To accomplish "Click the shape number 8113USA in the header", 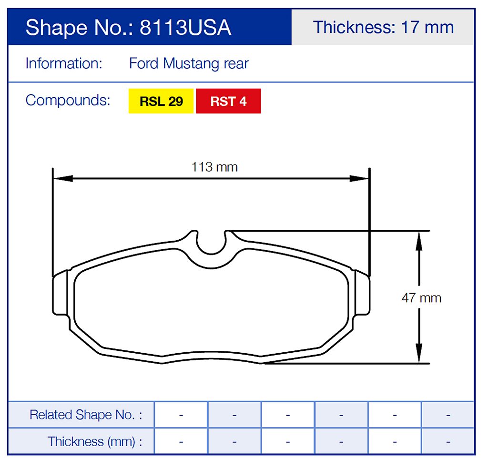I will [185, 28].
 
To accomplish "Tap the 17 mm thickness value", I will [427, 27].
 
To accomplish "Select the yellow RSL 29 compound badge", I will [161, 101].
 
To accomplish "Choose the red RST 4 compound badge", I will [228, 101].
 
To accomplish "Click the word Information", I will [64, 63].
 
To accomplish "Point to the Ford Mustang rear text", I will [189, 63].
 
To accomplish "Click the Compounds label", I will [68, 101].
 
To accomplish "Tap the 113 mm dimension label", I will [214, 167].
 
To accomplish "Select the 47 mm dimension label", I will [421, 298].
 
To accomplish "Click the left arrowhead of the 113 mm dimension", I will [62, 179].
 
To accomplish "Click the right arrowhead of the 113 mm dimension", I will [360, 179].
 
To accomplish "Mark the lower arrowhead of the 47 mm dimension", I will [418, 355].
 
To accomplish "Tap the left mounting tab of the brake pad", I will [61, 294].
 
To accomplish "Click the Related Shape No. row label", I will [86, 415].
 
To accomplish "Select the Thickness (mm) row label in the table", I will [94, 441].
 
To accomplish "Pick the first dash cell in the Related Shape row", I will [181, 415].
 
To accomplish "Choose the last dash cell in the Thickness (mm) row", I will [448, 441].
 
